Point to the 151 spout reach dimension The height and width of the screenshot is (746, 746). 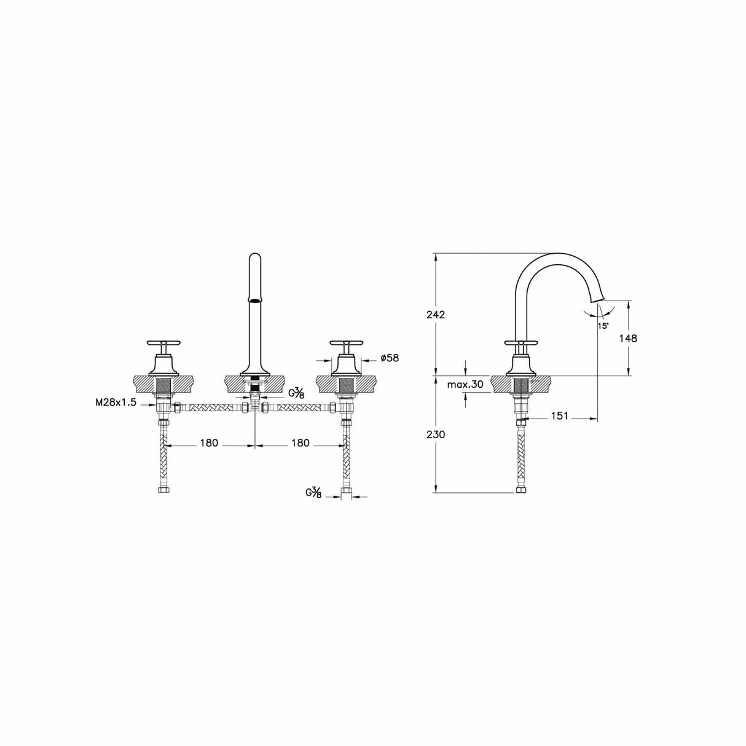pyautogui.click(x=558, y=416)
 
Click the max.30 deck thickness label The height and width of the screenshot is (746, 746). pyautogui.click(x=465, y=385)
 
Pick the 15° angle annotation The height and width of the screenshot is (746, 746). pyautogui.click(x=602, y=325)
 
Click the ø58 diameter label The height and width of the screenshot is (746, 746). pyautogui.click(x=390, y=358)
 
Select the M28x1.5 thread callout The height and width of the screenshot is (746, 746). pyautogui.click(x=116, y=402)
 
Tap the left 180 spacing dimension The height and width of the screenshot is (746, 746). pyautogui.click(x=209, y=443)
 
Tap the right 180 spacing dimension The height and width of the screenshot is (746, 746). pyautogui.click(x=299, y=443)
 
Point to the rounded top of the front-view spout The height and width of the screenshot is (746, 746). pyautogui.click(x=254, y=257)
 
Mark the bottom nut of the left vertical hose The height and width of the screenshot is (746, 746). pyautogui.click(x=163, y=492)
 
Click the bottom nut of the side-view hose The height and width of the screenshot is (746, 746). pyautogui.click(x=521, y=491)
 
